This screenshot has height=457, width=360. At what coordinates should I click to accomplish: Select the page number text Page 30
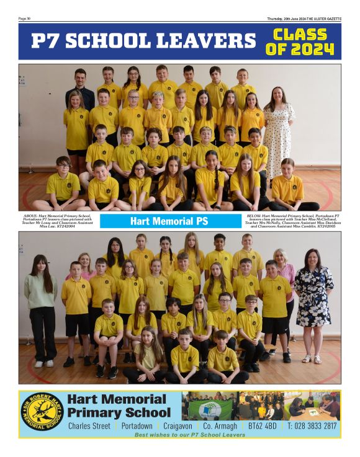click(25, 19)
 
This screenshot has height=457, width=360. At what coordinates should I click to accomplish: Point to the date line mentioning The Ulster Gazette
click(304, 19)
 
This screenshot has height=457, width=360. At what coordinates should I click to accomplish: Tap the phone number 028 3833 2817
click(313, 426)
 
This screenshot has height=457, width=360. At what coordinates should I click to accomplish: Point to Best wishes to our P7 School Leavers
click(189, 435)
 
